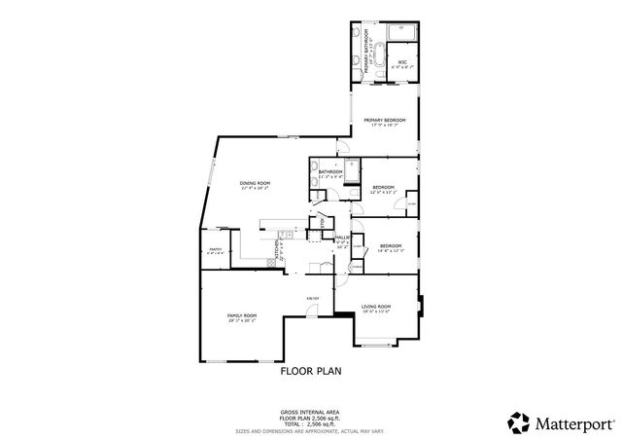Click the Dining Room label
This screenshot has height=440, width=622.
click(255, 183)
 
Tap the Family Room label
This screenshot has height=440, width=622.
click(242, 316)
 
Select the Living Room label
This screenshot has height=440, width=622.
click(376, 308)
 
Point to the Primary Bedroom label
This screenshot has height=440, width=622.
click(384, 120)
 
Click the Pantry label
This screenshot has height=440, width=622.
click(215, 250)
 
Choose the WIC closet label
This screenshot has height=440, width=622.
click(402, 63)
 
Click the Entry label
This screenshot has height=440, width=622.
click(313, 297)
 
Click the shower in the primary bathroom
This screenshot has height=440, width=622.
click(402, 33)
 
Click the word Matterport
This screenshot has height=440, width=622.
click(573, 422)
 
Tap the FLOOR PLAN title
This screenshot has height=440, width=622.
click(311, 370)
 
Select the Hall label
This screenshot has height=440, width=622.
click(342, 238)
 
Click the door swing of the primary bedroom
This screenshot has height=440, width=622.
click(342, 146)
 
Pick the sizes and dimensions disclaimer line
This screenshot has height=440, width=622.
click(311, 430)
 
